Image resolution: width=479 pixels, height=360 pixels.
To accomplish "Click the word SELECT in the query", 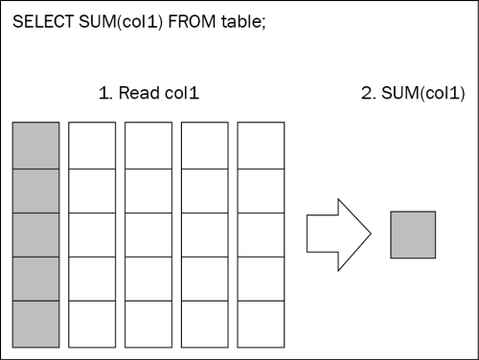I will (39, 21).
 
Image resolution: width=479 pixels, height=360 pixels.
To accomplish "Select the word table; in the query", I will (240, 21).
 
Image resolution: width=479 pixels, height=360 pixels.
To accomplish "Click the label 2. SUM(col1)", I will (411, 94).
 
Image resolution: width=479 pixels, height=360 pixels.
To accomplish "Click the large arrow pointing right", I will (337, 235).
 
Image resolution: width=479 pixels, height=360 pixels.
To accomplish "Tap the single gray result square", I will (413, 235).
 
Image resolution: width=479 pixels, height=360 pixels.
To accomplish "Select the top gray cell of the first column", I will (35, 145).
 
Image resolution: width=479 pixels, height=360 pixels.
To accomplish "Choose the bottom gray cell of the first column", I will (35, 323).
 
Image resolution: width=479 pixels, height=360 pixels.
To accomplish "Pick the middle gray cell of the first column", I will (35, 234).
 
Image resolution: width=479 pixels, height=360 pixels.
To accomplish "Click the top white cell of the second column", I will (91, 145).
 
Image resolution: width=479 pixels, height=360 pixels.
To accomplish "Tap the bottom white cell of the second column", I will (91, 323).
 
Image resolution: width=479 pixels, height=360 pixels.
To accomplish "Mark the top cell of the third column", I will (148, 145).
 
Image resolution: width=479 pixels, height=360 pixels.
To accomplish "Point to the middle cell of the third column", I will (148, 234).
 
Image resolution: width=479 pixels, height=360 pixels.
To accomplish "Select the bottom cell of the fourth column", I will (204, 323).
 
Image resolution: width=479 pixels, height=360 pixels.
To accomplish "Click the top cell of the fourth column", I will (204, 145).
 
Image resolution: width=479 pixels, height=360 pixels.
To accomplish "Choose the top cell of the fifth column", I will (261, 145).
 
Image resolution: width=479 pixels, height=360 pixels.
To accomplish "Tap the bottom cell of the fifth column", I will (261, 323).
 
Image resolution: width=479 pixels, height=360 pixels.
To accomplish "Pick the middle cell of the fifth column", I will (261, 234).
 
